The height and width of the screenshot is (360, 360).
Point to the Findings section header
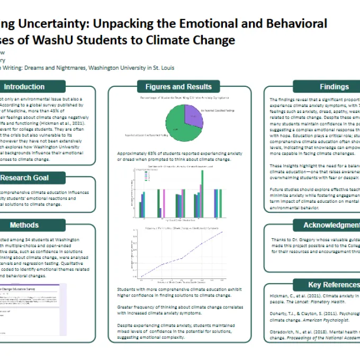click(x=334, y=86)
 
